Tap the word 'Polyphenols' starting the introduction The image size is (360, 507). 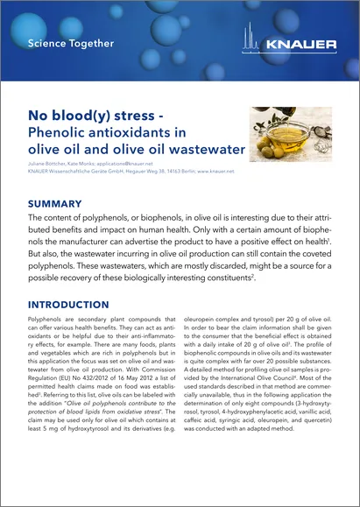click(x=48, y=323)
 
